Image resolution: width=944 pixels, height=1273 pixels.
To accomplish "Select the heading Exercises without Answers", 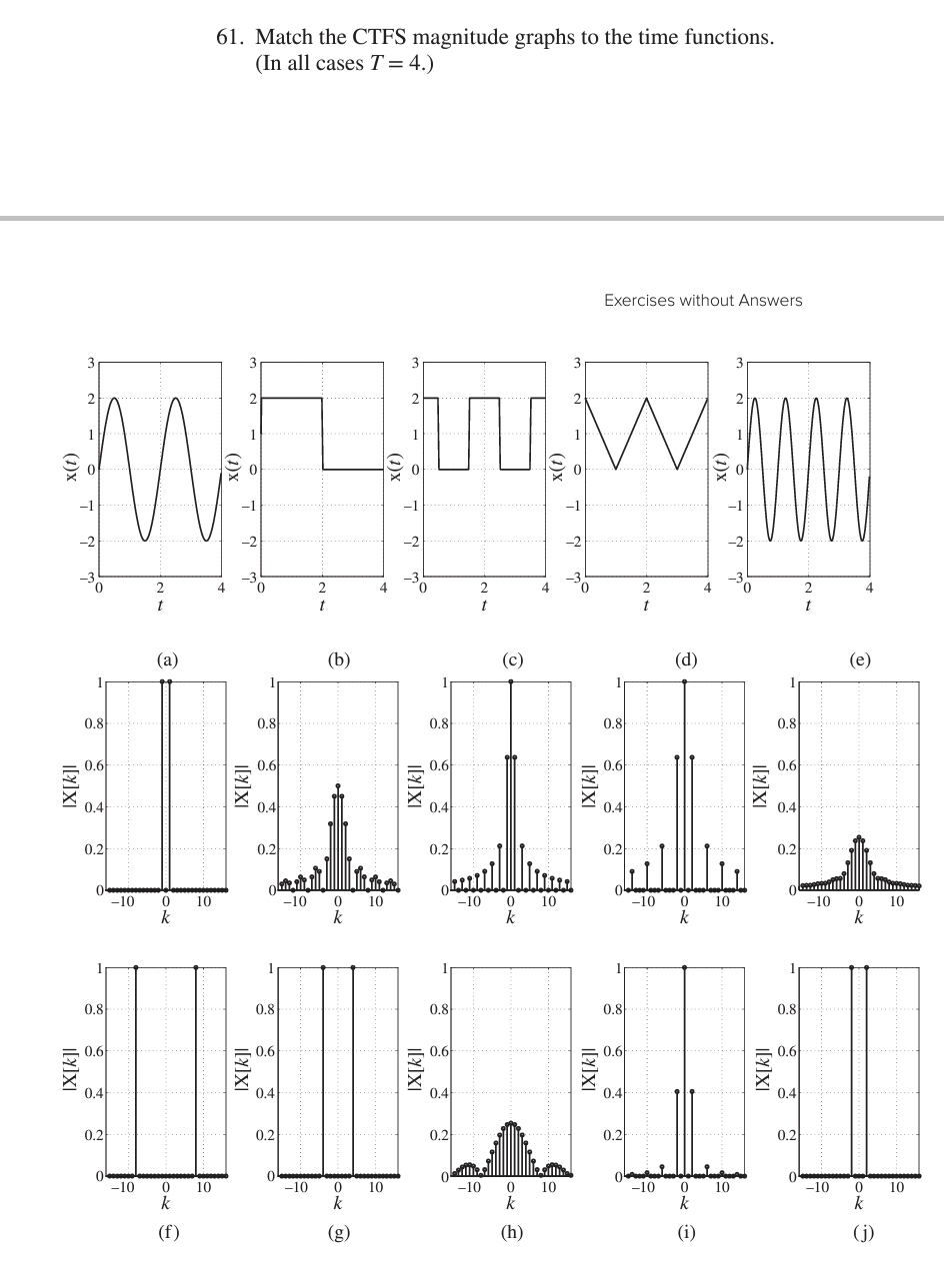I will (x=702, y=300).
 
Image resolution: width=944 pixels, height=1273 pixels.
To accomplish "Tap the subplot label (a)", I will (x=167, y=659).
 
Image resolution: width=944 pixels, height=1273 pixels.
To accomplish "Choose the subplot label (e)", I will (x=859, y=659).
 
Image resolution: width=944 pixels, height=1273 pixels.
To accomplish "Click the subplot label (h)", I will (x=512, y=1232).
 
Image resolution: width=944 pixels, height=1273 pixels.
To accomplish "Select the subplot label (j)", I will (x=859, y=1232).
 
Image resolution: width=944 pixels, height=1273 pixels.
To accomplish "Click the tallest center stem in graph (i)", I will (x=684, y=1069).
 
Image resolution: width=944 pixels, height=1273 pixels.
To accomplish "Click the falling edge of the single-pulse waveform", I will (x=322, y=434).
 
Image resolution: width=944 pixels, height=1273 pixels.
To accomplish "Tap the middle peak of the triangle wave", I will (x=647, y=400).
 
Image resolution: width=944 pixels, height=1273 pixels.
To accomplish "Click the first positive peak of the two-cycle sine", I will (x=114, y=400).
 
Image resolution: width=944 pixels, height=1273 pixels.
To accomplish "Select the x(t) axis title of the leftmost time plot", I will (x=71, y=469).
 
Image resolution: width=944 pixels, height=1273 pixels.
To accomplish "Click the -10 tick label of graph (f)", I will (x=123, y=1188).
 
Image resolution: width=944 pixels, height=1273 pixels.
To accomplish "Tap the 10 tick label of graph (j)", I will (x=897, y=1188).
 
